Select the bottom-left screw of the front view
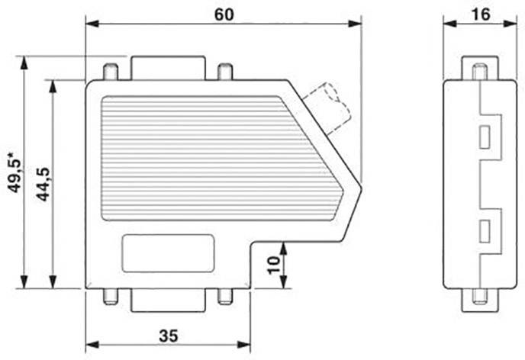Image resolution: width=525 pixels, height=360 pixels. (x=111, y=297)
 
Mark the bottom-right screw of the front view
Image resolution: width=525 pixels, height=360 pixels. (x=224, y=297)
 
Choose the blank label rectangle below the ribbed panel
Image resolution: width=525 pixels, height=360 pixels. (x=168, y=253)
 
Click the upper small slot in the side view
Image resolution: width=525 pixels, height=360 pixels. (x=484, y=137)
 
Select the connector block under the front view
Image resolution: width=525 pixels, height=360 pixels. (x=168, y=301)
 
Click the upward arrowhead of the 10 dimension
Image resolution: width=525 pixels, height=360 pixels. (x=283, y=246)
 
